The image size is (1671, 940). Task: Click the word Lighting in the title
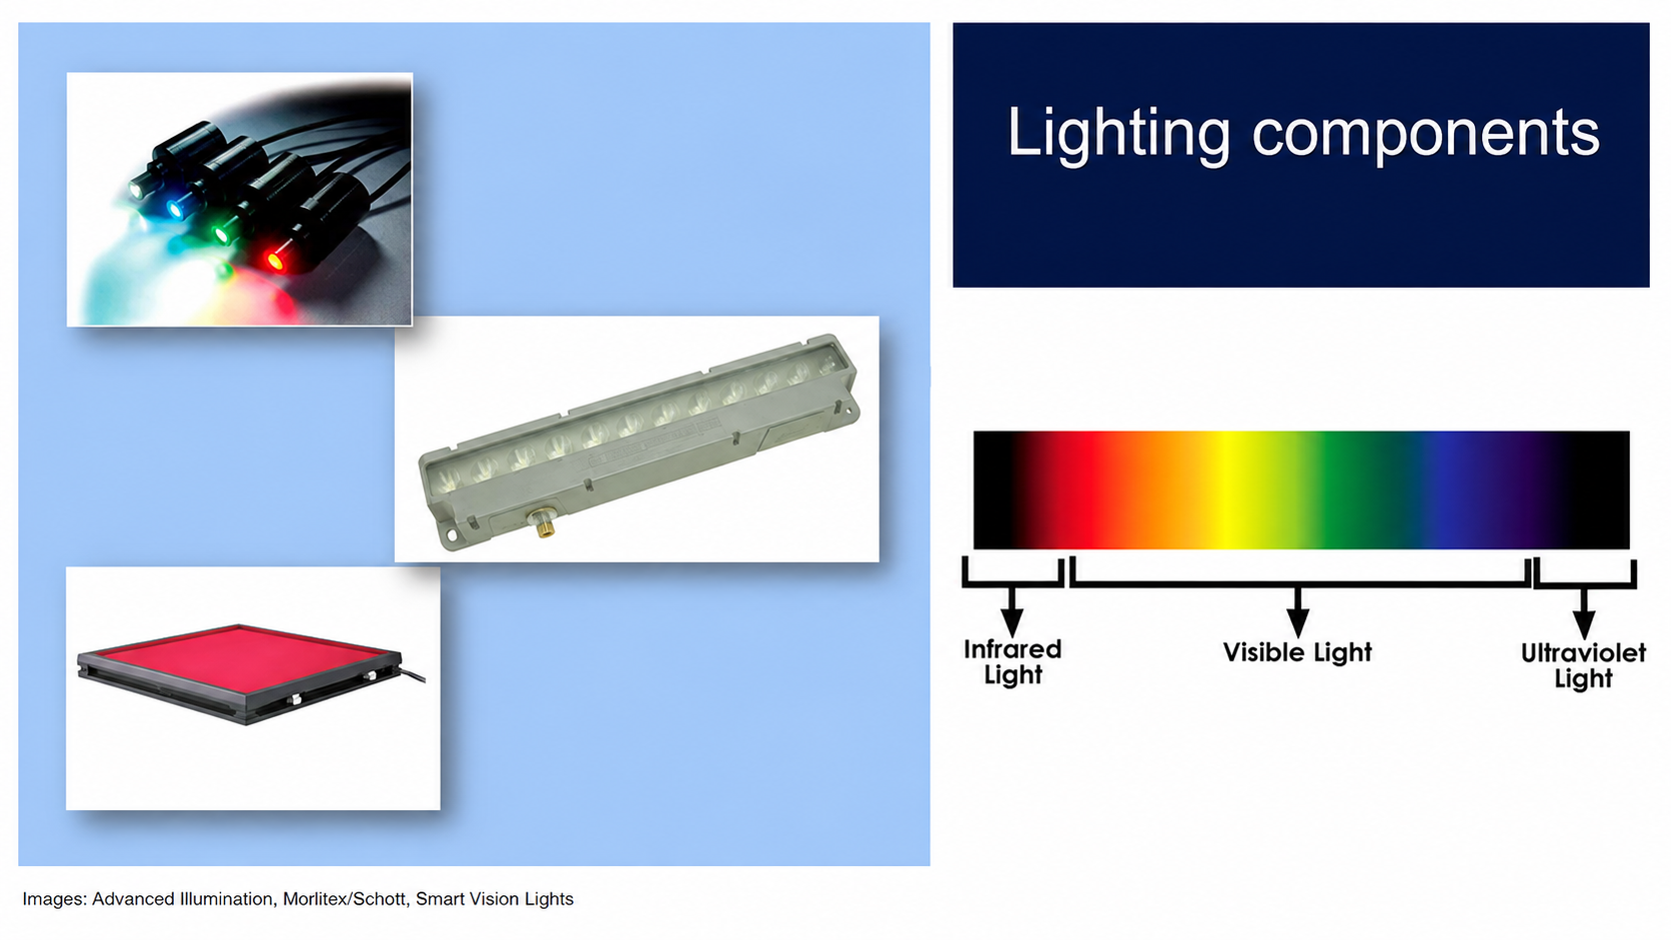[x=1117, y=135]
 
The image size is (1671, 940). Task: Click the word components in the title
[x=1425, y=135]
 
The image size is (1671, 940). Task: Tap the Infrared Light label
[x=1012, y=662]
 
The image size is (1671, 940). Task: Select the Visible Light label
[x=1297, y=652]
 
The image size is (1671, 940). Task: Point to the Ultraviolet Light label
[x=1583, y=665]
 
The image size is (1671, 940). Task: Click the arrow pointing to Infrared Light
[x=1011, y=611]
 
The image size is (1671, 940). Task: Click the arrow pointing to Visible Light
[x=1298, y=612]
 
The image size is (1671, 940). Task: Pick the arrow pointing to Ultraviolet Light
[x=1584, y=613]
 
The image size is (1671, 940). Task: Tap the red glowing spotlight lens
[x=275, y=261]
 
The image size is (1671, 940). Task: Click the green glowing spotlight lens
[x=221, y=236]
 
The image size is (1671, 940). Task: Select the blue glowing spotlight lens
[x=175, y=210]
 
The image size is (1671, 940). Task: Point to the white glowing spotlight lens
[x=137, y=190]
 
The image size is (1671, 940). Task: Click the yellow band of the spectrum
[x=1224, y=489]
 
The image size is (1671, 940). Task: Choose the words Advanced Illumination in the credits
[x=182, y=899]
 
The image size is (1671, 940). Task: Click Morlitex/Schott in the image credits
[x=344, y=899]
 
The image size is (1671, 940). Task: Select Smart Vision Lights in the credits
[x=495, y=900]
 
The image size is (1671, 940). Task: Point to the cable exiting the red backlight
[x=414, y=674]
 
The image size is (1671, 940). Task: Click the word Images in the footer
[x=54, y=900]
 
